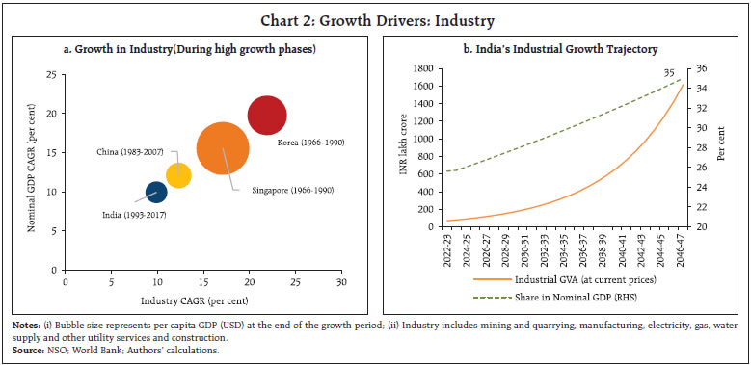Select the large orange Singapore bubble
pyautogui.click(x=224, y=148)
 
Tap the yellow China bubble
pyautogui.click(x=178, y=174)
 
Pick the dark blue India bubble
pyautogui.click(x=156, y=192)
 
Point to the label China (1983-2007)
pyautogui.click(x=128, y=152)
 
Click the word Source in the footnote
pyautogui.click(x=28, y=349)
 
